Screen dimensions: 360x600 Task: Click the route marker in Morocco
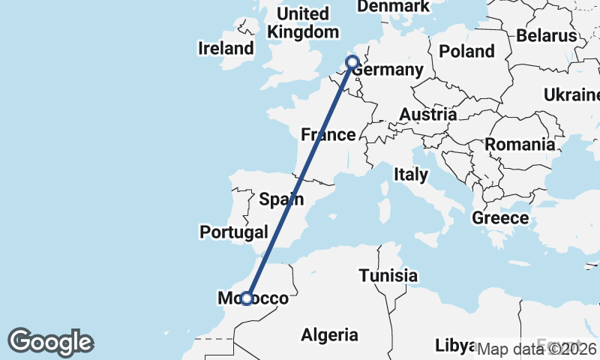tap(246, 298)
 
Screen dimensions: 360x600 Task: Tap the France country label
tap(328, 135)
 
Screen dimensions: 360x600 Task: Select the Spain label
tap(281, 199)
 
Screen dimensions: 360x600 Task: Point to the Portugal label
tap(233, 232)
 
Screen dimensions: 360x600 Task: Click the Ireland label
tap(226, 49)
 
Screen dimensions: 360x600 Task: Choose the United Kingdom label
tap(303, 23)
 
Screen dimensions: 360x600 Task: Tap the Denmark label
tap(393, 7)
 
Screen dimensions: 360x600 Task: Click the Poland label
tap(466, 52)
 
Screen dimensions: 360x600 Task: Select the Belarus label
tap(546, 35)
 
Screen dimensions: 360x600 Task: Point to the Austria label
tap(427, 115)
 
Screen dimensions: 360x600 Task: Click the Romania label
tap(519, 145)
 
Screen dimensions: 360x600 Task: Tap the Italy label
tap(411, 175)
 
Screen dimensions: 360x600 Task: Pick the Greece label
tap(500, 218)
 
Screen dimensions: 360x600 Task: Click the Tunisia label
tap(388, 275)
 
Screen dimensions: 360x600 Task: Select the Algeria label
tap(329, 335)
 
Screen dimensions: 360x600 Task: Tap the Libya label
tap(455, 346)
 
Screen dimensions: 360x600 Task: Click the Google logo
tap(50, 342)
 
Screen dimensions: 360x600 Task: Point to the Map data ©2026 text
tap(536, 349)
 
